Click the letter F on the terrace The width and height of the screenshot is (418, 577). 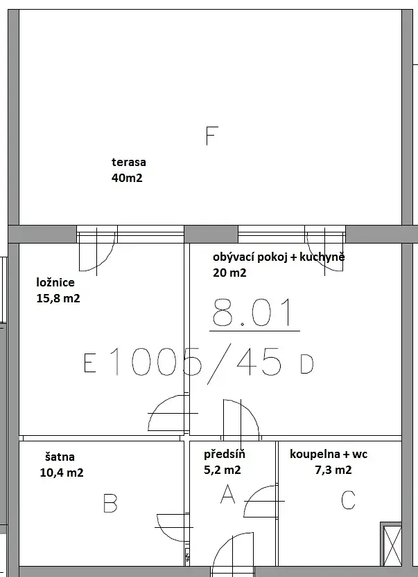(x=211, y=136)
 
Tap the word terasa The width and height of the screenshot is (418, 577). (x=129, y=162)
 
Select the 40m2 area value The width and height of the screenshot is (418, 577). (x=127, y=178)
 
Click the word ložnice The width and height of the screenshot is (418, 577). (x=55, y=282)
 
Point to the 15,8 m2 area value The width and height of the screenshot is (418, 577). (x=58, y=298)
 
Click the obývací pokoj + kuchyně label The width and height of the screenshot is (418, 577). (x=279, y=257)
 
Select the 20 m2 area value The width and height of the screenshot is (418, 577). (x=229, y=273)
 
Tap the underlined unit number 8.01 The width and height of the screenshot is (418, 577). (x=253, y=313)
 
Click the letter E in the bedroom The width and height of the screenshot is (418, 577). (x=90, y=363)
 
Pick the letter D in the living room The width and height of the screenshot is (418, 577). (x=307, y=365)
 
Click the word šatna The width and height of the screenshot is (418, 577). (x=60, y=457)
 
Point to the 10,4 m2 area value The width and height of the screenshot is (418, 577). (x=62, y=473)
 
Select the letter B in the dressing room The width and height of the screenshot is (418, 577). (x=110, y=504)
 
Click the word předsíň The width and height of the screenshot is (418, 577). (x=225, y=454)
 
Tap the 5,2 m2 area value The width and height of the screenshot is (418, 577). (x=223, y=470)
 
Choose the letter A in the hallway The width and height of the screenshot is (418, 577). (x=227, y=494)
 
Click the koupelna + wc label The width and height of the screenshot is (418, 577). (x=329, y=454)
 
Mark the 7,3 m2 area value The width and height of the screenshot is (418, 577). (x=333, y=470)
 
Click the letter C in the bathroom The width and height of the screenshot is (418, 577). (x=348, y=500)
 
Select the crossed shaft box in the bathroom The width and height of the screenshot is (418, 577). (x=391, y=544)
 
